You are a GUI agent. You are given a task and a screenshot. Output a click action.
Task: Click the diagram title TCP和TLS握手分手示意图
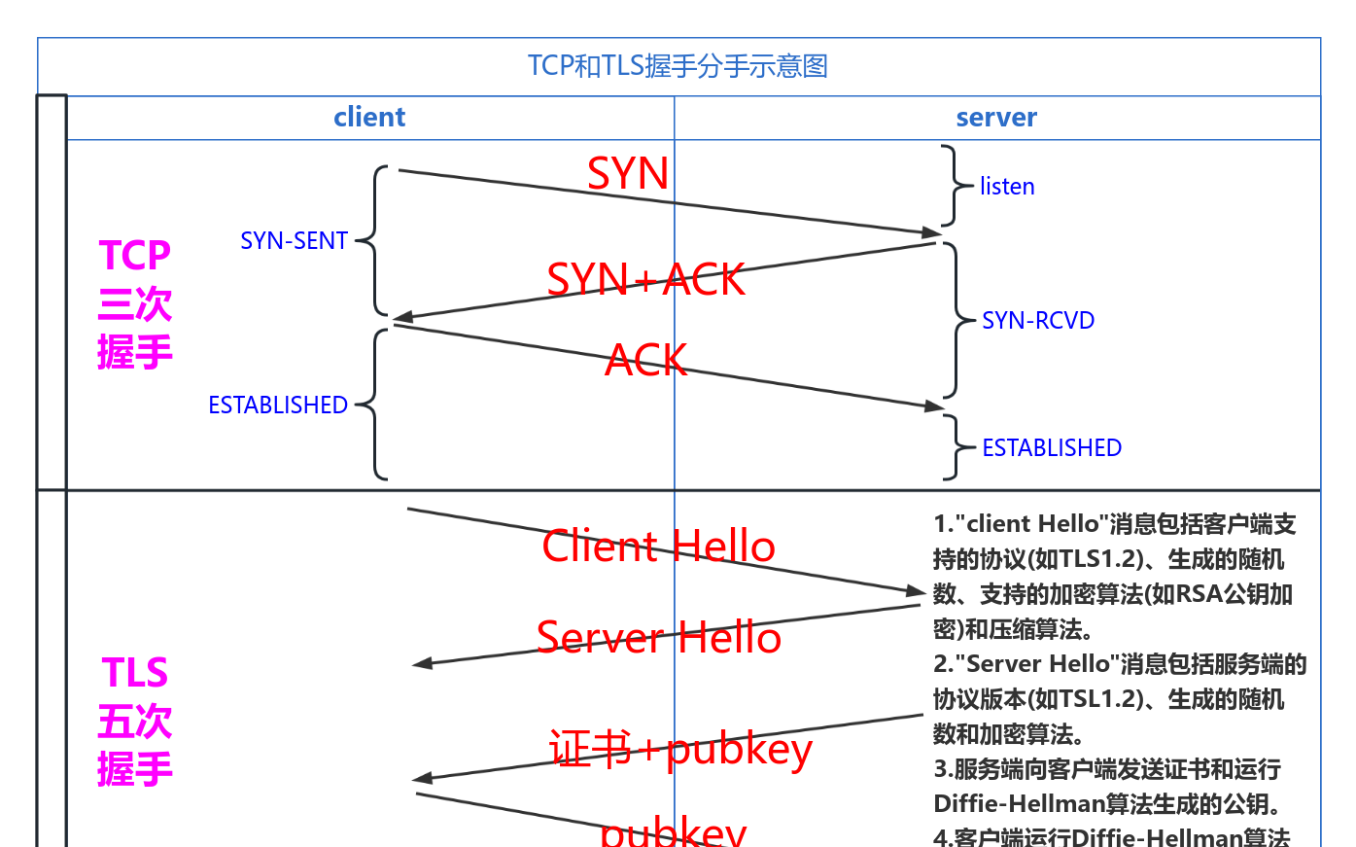pos(678,66)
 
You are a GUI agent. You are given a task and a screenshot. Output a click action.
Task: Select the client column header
pos(369,118)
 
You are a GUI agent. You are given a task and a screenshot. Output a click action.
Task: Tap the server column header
pos(996,118)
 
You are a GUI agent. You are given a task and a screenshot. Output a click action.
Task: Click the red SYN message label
pos(628,174)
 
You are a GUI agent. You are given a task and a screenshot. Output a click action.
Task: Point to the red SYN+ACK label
pos(645,280)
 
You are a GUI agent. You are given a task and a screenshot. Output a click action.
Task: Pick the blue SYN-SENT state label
pos(294,241)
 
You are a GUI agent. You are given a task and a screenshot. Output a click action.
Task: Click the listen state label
pos(1007,187)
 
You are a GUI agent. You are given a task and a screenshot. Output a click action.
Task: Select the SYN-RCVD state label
pos(1038,321)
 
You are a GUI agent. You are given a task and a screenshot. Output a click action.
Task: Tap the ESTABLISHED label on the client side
pos(278,406)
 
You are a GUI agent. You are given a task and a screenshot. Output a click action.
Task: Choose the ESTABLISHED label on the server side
pos(1052,448)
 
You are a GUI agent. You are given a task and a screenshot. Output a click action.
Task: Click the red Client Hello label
pos(659,547)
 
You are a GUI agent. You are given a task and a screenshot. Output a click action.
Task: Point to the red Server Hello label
pos(659,638)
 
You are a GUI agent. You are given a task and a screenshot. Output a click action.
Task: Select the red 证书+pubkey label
pos(680,750)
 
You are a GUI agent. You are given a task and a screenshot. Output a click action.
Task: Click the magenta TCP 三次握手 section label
pos(135,303)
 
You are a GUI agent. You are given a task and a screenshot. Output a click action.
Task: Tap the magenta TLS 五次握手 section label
pos(135,721)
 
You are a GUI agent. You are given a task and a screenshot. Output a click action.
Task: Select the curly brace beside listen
pos(954,186)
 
